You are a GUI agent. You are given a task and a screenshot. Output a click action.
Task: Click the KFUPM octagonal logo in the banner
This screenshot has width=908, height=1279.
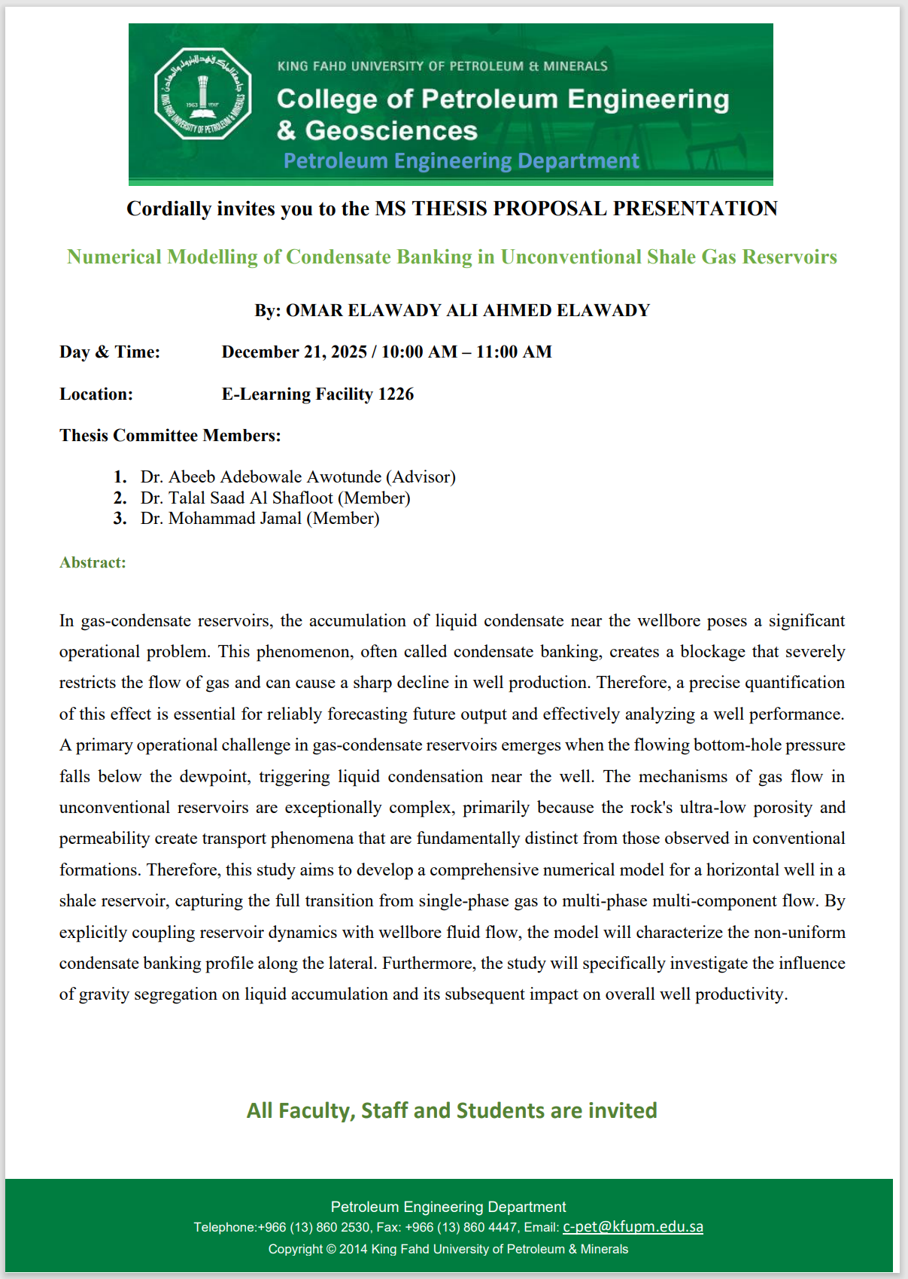tap(202, 94)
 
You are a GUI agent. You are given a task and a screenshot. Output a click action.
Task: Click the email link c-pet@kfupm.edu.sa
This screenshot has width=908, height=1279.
tap(633, 1227)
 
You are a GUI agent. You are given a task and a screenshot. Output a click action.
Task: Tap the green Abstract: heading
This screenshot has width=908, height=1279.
tap(93, 562)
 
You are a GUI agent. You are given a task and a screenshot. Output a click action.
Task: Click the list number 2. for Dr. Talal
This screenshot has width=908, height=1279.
tap(120, 498)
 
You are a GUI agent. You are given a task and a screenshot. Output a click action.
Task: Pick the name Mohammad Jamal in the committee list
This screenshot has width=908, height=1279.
tap(235, 519)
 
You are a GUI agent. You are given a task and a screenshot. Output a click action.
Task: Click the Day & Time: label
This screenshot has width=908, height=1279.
tap(110, 352)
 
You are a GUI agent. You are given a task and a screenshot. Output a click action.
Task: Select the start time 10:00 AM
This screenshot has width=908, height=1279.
tap(419, 352)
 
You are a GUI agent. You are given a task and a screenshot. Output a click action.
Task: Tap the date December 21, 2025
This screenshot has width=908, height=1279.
tap(294, 352)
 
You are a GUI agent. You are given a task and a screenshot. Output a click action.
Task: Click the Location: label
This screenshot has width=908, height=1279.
tap(96, 394)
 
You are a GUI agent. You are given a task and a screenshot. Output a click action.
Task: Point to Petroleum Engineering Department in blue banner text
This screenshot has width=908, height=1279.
tap(461, 161)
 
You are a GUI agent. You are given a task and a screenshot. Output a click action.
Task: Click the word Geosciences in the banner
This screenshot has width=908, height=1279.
tap(391, 131)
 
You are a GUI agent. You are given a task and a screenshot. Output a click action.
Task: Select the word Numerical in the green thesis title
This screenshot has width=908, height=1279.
tap(114, 257)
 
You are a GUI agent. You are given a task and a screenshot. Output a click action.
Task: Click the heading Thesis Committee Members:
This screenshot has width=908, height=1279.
tap(170, 436)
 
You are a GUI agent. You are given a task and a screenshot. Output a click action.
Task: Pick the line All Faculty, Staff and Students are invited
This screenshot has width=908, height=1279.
tap(452, 1111)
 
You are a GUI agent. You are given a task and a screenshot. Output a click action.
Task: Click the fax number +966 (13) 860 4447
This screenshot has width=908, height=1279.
tap(461, 1228)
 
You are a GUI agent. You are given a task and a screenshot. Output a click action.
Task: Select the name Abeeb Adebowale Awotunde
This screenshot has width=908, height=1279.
tap(275, 477)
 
